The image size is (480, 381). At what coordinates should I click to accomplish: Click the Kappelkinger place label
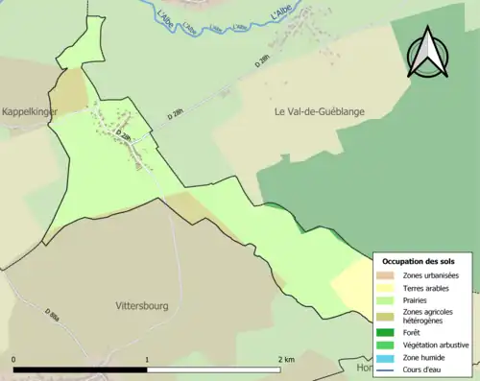pyautogui.click(x=30, y=112)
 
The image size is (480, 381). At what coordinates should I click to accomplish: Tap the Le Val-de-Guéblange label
pyautogui.click(x=320, y=112)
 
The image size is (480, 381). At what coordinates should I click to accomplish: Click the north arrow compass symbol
pyautogui.click(x=427, y=53)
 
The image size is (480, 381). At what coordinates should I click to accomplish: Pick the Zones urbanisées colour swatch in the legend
pyautogui.click(x=389, y=275)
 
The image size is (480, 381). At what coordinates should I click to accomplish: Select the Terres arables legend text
pyautogui.click(x=430, y=288)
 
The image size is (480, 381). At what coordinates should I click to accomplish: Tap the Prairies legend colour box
pyautogui.click(x=389, y=300)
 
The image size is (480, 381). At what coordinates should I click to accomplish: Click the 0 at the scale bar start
pyautogui.click(x=14, y=359)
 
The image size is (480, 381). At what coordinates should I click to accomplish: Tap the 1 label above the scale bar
pyautogui.click(x=147, y=359)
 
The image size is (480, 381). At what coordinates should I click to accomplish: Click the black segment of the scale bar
pyautogui.click(x=81, y=369)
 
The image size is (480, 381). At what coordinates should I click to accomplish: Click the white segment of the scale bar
pyautogui.click(x=213, y=369)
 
